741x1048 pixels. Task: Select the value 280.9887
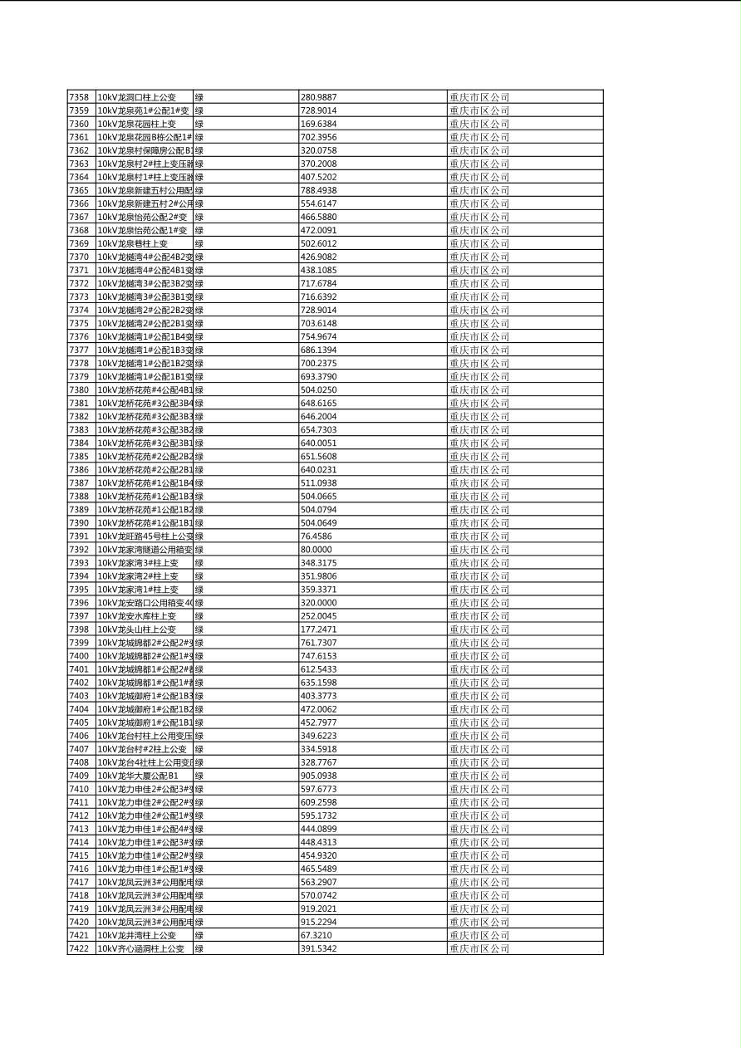(318, 97)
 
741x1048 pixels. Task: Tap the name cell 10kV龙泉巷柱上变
(133, 243)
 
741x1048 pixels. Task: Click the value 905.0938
(318, 776)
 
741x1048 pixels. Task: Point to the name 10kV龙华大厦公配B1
(139, 776)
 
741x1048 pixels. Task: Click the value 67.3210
(317, 935)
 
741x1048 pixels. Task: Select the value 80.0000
(317, 550)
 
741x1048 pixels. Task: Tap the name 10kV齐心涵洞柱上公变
(141, 948)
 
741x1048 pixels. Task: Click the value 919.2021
(318, 908)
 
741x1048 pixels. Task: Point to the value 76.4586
(317, 536)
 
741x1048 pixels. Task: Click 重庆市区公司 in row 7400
(479, 656)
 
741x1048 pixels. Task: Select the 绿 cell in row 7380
(199, 389)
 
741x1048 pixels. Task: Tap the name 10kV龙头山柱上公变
(137, 629)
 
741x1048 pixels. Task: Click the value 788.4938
(318, 190)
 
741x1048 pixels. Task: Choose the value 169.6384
(318, 124)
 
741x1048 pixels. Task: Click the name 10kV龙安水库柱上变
(137, 616)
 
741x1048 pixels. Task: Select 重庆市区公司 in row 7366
(479, 203)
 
